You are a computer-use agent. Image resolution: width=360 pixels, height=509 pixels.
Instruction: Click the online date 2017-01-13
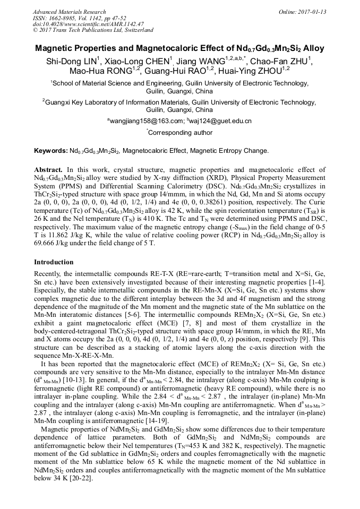(x=310, y=12)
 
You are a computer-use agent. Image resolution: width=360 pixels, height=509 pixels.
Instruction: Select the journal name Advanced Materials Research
(x=69, y=12)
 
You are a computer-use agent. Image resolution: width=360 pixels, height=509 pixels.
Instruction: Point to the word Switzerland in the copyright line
(x=137, y=30)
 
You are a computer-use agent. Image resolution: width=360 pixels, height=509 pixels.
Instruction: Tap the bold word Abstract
(x=48, y=170)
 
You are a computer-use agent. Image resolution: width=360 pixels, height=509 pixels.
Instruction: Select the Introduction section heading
(x=54, y=262)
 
